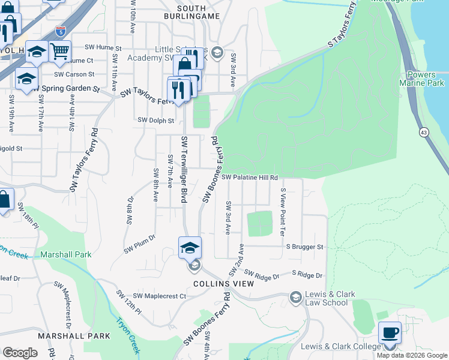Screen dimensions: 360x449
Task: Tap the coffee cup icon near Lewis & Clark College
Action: (390, 333)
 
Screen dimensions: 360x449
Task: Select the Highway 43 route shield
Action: (424, 131)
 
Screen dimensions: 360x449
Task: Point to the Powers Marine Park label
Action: (421, 79)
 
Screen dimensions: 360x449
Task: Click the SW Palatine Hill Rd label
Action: (250, 178)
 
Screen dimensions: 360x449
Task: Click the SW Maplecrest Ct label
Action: (160, 296)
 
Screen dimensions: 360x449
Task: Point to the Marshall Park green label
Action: (66, 254)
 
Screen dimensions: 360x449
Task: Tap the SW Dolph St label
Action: (155, 120)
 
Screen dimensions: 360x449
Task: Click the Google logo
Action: (20, 353)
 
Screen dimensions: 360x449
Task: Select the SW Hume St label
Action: (103, 47)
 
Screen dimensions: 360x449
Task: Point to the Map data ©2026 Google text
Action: (412, 355)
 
